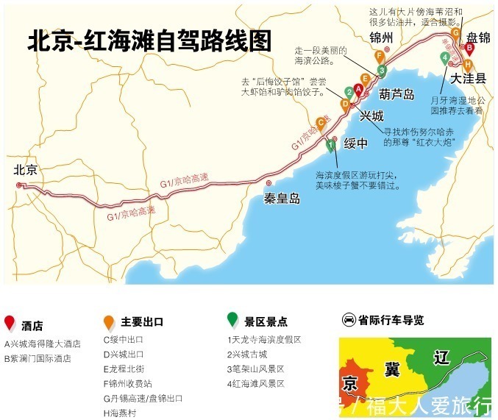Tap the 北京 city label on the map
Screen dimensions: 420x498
(x=25, y=170)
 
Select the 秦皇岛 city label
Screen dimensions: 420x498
(x=283, y=198)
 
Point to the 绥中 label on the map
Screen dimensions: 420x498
(x=355, y=144)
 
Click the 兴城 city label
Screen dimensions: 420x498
(x=371, y=115)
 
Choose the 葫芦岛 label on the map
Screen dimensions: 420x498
(x=397, y=94)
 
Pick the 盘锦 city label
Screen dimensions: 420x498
(x=478, y=37)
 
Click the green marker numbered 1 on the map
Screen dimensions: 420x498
(x=331, y=143)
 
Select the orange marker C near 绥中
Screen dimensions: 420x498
(x=321, y=124)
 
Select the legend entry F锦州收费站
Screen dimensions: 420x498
(x=129, y=383)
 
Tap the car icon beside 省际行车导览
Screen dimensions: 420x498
(x=349, y=320)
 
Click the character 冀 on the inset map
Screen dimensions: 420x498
(x=391, y=369)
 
